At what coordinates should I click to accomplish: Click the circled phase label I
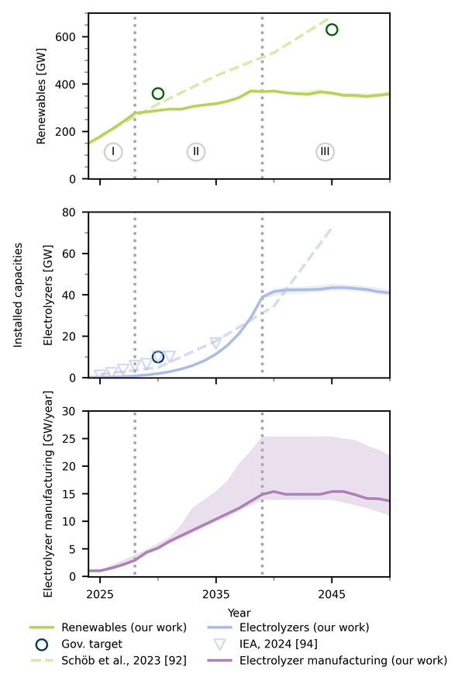point(113,152)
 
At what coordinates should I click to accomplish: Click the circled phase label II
point(196,152)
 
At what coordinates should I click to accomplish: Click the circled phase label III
point(325,152)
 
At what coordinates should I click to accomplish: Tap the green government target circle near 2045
point(332,29)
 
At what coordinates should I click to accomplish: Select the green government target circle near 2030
point(158,93)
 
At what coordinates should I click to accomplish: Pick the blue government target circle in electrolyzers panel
point(158,357)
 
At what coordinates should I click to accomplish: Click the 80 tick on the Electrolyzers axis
point(76,212)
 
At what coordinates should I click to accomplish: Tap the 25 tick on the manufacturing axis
point(76,439)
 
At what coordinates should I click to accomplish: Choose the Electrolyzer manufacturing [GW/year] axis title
point(47,493)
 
